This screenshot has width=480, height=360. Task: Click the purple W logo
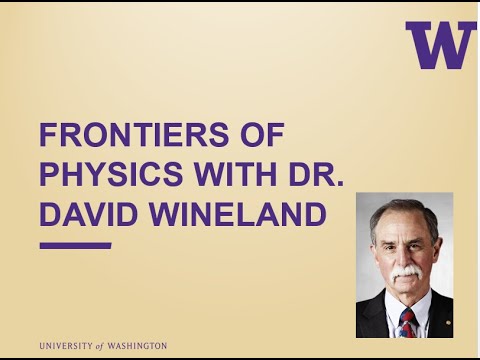tap(441, 45)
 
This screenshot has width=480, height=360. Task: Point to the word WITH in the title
tap(223, 174)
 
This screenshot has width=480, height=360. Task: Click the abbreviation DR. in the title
tap(309, 174)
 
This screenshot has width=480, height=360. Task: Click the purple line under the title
tap(75, 244)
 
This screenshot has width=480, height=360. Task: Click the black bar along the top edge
tap(240, 2)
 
